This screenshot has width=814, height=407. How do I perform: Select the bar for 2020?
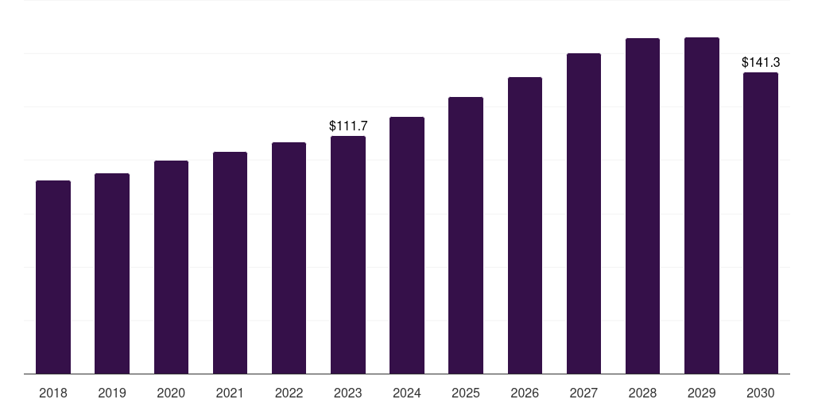point(171,267)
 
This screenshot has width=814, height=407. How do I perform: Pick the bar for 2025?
point(466,235)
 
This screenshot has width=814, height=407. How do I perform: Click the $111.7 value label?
point(348,126)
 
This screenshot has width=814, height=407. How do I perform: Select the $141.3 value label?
point(761,62)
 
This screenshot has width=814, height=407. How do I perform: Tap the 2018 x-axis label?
point(53,393)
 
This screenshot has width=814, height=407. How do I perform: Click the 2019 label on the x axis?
point(112,393)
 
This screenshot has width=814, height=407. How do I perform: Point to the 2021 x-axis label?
point(230,393)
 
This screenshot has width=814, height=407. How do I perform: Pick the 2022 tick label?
point(289,393)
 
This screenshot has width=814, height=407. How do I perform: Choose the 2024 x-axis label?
point(407,393)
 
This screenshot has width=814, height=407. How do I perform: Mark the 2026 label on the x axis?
point(525,393)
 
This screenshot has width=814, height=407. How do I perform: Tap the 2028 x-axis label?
point(642,393)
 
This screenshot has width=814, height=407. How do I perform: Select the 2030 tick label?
point(761,393)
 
